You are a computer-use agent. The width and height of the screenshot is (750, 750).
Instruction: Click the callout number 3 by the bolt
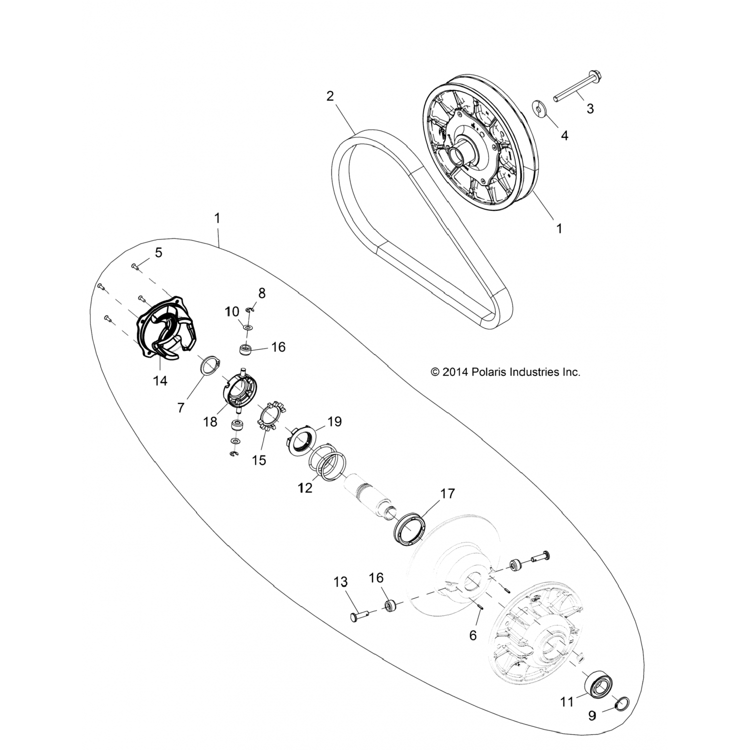pos(590,108)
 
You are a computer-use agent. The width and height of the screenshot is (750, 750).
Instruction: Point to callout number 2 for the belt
pos(330,95)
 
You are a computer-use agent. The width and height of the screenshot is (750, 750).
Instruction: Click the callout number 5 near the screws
pos(158,252)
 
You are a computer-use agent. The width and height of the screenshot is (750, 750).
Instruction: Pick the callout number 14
pos(160,380)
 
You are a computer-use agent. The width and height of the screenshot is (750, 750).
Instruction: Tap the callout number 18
pos(210,421)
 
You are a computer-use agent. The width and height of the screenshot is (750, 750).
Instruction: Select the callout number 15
pos(259,460)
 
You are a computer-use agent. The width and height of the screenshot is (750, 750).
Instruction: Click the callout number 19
pos(334,421)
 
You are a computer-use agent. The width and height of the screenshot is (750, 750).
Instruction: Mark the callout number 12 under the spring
pos(305,487)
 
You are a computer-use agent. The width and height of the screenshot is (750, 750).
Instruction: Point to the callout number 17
pos(447,493)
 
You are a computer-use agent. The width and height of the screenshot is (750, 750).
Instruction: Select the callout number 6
pos(473,635)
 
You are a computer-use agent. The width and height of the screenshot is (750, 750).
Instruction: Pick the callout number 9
pos(592,716)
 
